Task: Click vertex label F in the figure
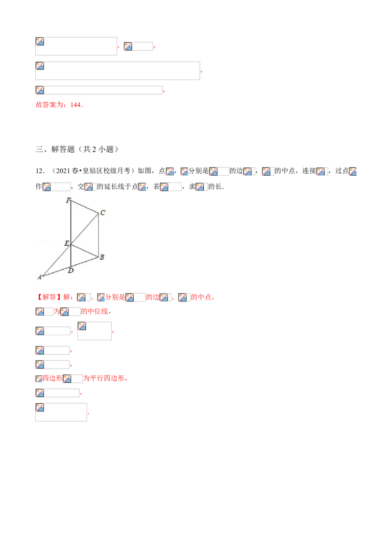pos(68,200)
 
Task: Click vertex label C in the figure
pos(102,212)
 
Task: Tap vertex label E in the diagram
pos(67,243)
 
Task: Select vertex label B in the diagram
pos(102,257)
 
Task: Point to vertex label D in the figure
pos(71,271)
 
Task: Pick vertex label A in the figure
pos(39,277)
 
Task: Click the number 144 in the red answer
pos(76,105)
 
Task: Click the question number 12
pos(39,171)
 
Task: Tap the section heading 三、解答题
pos(55,149)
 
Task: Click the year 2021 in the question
pos(64,171)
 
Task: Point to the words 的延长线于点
pos(118,186)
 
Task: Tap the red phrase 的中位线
pos(94,311)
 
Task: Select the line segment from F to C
pos(85,207)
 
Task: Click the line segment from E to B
pos(85,250)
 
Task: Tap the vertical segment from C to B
pos(98,235)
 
